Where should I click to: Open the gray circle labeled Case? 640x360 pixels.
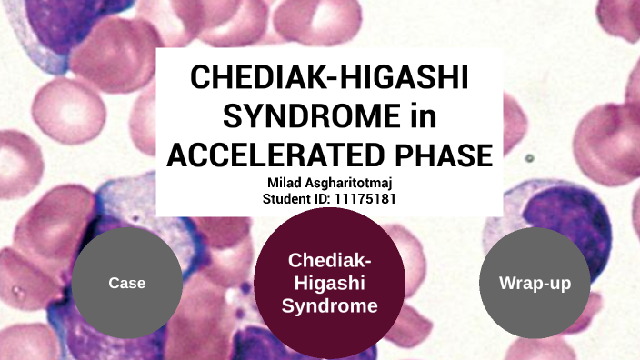(x=126, y=282)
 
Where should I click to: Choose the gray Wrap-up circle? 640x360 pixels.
(x=534, y=282)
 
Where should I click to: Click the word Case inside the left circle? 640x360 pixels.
(x=126, y=283)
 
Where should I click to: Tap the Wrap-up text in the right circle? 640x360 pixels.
(x=534, y=283)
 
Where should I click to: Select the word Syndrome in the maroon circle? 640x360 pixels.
(x=329, y=306)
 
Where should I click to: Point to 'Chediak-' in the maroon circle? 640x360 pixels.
(x=329, y=261)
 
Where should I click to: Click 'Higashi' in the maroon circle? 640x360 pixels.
(x=329, y=284)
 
